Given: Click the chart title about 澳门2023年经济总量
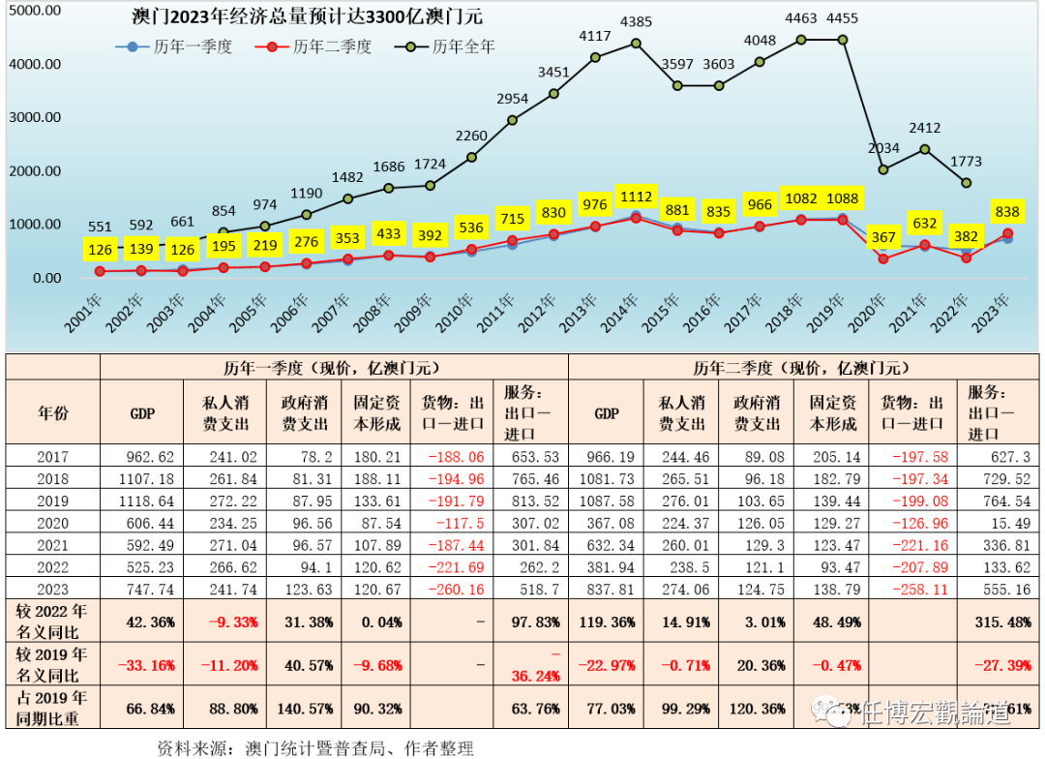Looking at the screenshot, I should coord(307,16).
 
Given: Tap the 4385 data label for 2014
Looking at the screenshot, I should coord(636,21).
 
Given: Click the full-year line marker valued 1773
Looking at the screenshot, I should coord(967,182).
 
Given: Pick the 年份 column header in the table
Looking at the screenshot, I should coord(53,413).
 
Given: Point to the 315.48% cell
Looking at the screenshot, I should coord(997,622).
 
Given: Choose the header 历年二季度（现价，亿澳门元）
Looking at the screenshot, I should coord(799,368).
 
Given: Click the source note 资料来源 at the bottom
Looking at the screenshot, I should coord(314,747).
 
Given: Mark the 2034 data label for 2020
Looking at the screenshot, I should coord(883,148).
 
